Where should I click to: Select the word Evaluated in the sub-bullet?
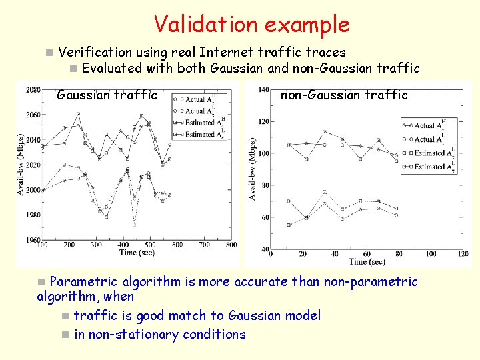tap(111, 67)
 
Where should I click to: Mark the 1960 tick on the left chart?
tap(33, 239)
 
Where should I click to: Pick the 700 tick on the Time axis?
tap(204, 245)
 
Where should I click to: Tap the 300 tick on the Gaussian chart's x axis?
tap(96, 245)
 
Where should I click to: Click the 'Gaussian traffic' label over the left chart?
tap(107, 95)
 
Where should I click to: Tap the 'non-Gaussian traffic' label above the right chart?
tap(344, 95)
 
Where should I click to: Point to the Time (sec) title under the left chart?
tap(137, 253)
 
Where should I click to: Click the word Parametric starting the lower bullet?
tap(85, 282)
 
